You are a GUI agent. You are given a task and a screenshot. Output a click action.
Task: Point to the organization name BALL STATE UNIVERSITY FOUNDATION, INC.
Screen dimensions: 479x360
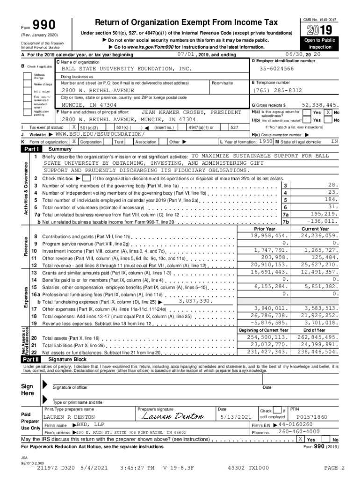(x=127, y=69)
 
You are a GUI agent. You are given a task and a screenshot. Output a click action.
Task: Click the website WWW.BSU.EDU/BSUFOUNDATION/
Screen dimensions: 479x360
(x=100, y=134)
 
